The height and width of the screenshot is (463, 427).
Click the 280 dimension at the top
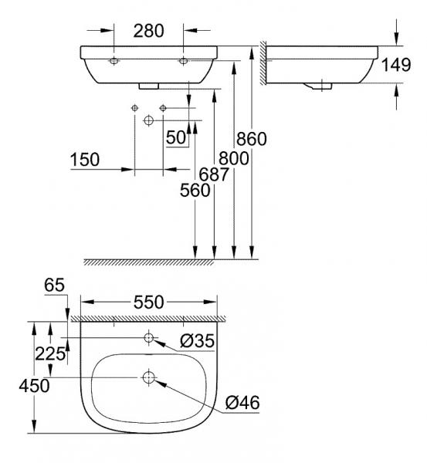click(x=148, y=31)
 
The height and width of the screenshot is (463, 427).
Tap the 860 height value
click(x=252, y=140)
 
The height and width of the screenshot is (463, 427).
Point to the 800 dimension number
click(x=232, y=157)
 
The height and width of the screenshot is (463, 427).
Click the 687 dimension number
click(x=214, y=174)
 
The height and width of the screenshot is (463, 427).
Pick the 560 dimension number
click(x=195, y=192)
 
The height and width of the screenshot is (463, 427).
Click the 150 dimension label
click(x=85, y=160)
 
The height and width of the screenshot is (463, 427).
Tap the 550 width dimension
click(x=148, y=302)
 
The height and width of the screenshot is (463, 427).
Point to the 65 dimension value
click(x=54, y=285)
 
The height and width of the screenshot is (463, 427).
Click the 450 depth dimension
click(x=15, y=385)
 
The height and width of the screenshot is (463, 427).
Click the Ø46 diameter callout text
click(x=242, y=401)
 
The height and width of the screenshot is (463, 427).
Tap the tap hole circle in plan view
click(x=149, y=338)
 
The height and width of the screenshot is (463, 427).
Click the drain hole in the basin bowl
click(x=149, y=377)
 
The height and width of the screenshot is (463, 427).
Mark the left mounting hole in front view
click(x=114, y=60)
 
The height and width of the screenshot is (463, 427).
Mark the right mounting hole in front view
click(x=184, y=60)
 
